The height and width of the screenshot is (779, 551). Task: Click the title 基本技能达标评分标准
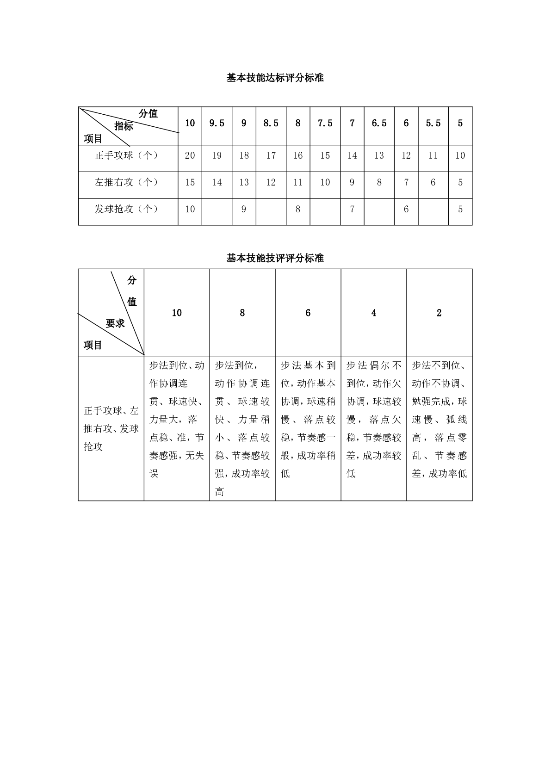(x=275, y=78)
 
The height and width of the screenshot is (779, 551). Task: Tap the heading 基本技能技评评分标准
(x=275, y=258)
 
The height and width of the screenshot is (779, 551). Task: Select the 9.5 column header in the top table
(x=217, y=124)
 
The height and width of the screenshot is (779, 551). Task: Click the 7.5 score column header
(x=325, y=124)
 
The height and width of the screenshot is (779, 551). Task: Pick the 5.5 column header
(x=433, y=124)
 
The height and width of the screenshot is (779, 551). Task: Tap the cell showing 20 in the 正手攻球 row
(x=190, y=155)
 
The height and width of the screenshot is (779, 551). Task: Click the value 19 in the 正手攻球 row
(x=217, y=155)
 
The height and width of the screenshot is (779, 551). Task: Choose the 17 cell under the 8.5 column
(x=271, y=155)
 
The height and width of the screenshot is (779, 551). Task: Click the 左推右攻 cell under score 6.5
(x=379, y=182)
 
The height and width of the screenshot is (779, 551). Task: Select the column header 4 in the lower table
(x=373, y=313)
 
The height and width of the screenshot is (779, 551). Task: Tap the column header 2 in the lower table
(x=439, y=313)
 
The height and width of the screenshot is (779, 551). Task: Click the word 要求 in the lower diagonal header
(x=115, y=324)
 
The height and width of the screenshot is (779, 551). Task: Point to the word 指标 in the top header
(x=124, y=126)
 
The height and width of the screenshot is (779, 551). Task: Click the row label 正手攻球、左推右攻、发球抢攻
(x=111, y=428)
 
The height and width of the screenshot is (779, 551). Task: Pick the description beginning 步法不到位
(x=439, y=419)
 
